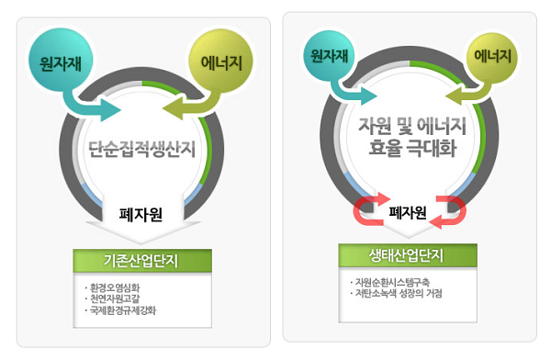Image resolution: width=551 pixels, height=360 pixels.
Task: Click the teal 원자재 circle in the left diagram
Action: coord(61,60)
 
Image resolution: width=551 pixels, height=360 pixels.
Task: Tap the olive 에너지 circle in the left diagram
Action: coord(221,61)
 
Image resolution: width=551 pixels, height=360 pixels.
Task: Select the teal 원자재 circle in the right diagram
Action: coord(330,55)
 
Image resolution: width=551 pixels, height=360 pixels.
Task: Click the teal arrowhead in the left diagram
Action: coord(110,110)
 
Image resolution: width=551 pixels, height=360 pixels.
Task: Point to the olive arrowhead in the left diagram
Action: coord(173,107)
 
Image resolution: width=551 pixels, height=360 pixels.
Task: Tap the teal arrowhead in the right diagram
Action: coord(368,96)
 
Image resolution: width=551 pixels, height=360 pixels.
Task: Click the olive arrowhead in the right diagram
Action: coord(454,96)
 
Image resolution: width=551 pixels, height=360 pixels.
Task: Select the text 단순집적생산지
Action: coord(141,149)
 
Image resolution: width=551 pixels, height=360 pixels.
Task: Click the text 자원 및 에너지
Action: coord(411,126)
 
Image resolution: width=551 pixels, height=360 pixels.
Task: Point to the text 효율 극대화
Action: coord(412,148)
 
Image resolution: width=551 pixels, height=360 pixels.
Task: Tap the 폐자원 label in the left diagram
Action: coord(141,214)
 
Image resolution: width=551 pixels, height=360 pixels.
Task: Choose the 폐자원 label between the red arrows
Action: coord(408,212)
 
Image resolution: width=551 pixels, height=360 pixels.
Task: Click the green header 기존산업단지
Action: coord(142,261)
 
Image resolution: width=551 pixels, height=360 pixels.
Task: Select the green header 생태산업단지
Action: coord(408,255)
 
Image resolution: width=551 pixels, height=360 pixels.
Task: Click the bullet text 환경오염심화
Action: coord(115,288)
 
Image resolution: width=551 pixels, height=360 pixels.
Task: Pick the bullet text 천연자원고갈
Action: coord(115,298)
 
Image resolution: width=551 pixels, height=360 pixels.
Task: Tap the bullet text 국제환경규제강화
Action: coord(123,310)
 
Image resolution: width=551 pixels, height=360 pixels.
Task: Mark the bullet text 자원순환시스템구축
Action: coord(392,282)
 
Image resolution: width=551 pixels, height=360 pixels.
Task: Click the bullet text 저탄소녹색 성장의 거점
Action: coord(399,293)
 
